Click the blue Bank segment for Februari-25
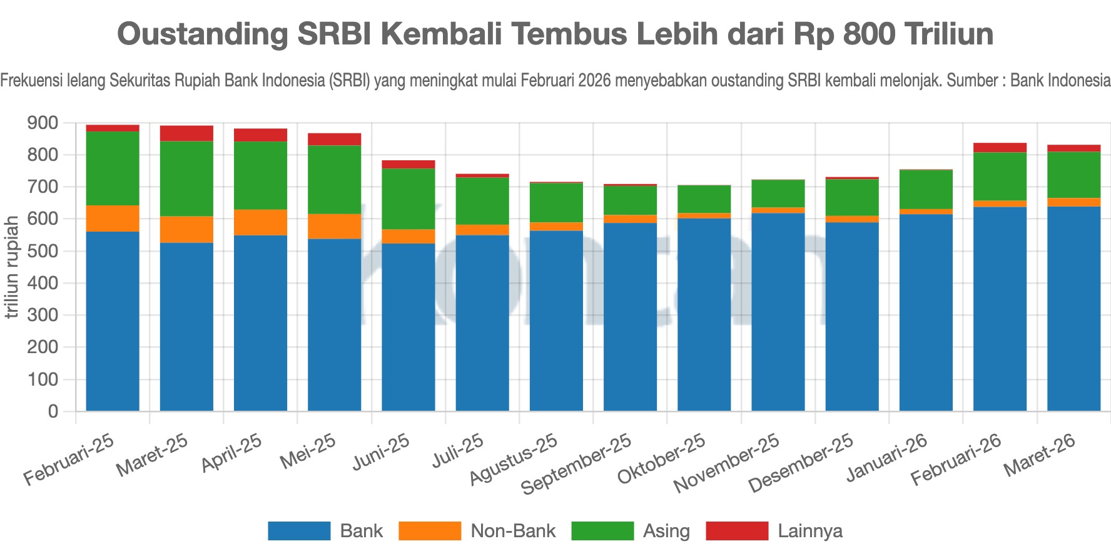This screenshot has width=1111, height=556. point(113,321)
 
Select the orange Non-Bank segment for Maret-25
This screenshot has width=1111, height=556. point(186,229)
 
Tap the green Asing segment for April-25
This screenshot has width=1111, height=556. point(260,175)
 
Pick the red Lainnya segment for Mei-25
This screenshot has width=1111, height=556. point(334,139)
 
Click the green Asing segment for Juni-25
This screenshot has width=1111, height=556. point(408,198)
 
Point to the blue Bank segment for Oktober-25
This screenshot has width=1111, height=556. point(704,314)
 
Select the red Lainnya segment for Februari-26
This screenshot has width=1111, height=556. point(1000,148)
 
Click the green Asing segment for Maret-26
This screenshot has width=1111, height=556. point(1073,175)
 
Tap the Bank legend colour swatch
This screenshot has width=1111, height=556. point(299,531)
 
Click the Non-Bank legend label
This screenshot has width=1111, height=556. point(512,531)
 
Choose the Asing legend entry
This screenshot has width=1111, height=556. point(666,531)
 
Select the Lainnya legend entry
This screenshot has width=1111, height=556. point(809,531)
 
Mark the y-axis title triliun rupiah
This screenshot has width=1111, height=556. point(11,267)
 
